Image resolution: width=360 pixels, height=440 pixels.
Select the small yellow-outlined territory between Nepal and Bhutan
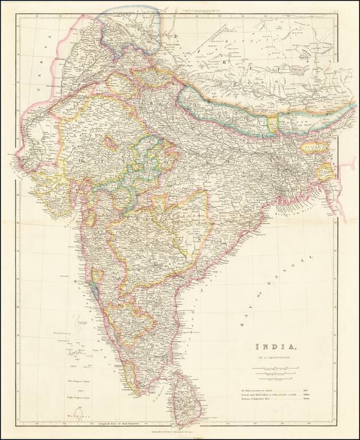tap(272, 122)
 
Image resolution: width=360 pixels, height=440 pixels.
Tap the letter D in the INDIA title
tap(276, 347)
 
